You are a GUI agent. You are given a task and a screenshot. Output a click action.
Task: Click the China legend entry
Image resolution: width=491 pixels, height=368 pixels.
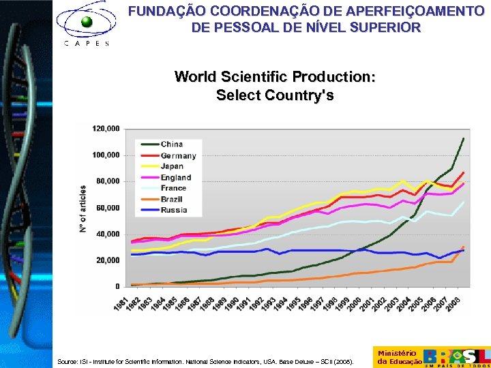[x=171, y=144]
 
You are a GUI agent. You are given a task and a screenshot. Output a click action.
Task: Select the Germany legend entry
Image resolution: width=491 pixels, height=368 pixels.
[x=178, y=155]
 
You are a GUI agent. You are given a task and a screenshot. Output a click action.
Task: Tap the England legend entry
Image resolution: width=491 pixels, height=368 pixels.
[x=176, y=177]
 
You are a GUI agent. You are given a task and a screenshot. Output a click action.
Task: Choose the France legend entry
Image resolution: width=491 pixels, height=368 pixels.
[x=173, y=188]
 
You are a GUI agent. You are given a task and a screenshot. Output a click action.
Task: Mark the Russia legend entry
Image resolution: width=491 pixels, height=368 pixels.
[x=174, y=210]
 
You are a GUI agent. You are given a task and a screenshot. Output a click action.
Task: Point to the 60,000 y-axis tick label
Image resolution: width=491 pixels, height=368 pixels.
[x=107, y=208]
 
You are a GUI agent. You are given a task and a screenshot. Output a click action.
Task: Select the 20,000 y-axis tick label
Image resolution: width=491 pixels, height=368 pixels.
[x=107, y=260]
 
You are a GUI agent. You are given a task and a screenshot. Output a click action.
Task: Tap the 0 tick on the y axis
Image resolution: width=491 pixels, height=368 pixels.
[x=117, y=287]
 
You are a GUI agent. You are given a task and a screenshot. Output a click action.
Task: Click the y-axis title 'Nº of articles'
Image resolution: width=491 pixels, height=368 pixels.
[x=83, y=209]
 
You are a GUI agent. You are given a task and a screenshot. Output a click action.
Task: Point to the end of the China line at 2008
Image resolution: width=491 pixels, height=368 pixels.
[x=464, y=138]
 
